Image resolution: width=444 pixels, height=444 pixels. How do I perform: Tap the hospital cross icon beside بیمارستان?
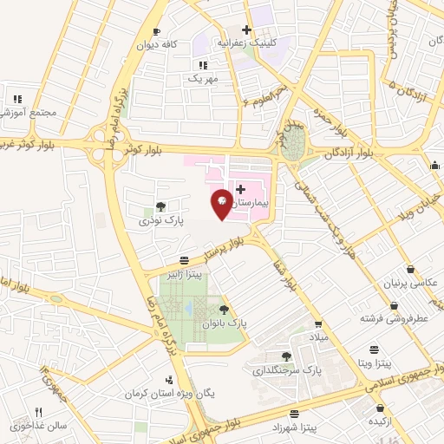tap(240, 187)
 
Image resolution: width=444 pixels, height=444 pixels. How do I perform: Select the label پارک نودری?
tap(158, 221)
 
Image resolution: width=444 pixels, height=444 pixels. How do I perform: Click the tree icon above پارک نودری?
tap(160, 206)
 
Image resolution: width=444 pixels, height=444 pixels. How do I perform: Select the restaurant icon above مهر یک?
tap(202, 65)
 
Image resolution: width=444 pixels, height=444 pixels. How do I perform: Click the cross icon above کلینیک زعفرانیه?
tap(247, 29)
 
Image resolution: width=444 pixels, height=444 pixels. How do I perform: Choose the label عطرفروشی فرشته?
tap(395, 319)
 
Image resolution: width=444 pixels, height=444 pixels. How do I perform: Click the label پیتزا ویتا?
tap(375, 362)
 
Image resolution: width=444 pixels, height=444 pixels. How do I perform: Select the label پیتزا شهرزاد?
tap(296, 429)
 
